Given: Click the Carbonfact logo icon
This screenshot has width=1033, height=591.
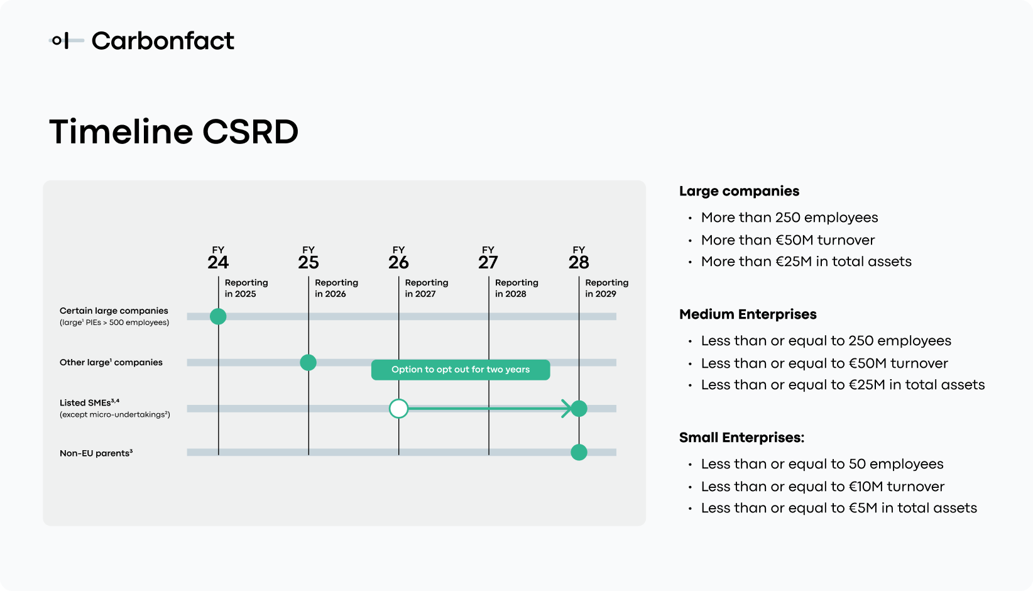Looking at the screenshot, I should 65,41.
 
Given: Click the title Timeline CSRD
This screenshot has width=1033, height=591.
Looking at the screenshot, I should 173,132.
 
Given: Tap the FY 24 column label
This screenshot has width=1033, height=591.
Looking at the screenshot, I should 218,259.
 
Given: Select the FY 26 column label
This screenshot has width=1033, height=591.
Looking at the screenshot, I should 398,259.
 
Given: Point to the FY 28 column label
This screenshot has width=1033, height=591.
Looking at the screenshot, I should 579,259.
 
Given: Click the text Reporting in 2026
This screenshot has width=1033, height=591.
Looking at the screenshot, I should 336,288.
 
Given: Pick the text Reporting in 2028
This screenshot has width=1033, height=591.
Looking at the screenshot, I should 516,288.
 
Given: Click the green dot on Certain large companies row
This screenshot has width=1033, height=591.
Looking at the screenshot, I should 218,316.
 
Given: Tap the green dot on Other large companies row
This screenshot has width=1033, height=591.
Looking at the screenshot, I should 308,362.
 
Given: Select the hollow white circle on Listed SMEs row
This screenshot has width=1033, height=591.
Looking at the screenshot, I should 398,409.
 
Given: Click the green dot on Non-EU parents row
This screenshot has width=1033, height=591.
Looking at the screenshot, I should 579,452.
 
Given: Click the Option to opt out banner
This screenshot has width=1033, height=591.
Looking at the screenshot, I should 461,370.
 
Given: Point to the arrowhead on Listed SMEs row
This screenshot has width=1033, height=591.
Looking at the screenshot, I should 567,409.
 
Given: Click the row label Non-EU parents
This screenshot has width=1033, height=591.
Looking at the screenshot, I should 96,453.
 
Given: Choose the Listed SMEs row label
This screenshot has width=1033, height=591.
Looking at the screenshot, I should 89,403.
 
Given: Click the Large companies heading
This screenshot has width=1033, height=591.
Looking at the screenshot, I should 739,191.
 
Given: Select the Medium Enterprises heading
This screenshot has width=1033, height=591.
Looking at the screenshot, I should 748,314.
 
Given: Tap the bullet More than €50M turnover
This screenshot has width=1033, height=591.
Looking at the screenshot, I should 787,240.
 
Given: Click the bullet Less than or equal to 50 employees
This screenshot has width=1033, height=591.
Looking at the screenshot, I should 822,464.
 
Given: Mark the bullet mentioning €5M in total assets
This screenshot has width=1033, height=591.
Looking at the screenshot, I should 839,508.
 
